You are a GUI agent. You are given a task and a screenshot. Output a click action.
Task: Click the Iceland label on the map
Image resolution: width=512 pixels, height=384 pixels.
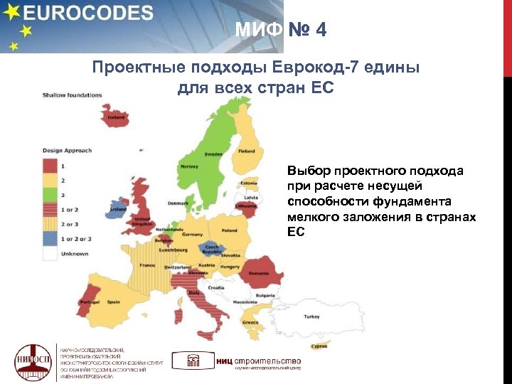[116, 117]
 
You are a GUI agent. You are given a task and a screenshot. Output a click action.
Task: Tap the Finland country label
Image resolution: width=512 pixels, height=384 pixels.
[247, 151]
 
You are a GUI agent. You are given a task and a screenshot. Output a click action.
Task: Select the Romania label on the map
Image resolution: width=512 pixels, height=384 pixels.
[258, 274]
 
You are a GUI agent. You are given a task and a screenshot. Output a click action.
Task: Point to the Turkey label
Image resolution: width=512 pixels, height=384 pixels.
[311, 316]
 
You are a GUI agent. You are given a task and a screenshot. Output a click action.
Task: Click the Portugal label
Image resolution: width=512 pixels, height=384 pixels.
[90, 302]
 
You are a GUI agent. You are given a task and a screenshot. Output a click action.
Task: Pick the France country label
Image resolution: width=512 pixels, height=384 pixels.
[147, 265]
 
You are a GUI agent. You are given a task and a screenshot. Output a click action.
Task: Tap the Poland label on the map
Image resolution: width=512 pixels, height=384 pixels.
[229, 230]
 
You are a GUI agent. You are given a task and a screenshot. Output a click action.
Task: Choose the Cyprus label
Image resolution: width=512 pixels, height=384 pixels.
[319, 346]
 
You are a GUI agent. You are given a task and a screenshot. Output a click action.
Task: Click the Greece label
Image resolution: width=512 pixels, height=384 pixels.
[250, 322]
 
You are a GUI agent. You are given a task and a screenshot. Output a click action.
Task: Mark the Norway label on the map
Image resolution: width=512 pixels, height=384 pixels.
[189, 166]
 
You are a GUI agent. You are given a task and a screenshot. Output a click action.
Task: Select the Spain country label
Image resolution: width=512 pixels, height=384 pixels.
[113, 302]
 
